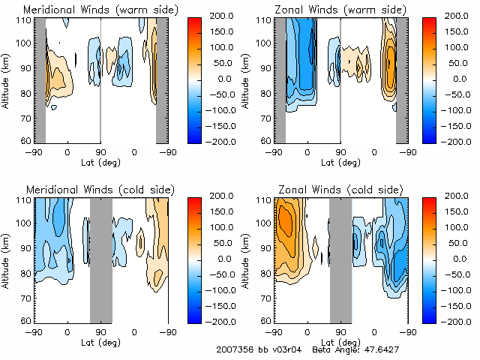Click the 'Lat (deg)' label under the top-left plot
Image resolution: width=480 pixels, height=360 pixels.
(100, 160)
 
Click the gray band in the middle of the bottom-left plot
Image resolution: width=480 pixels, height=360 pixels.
(100, 259)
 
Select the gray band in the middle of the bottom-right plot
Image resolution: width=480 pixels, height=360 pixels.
(340, 259)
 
